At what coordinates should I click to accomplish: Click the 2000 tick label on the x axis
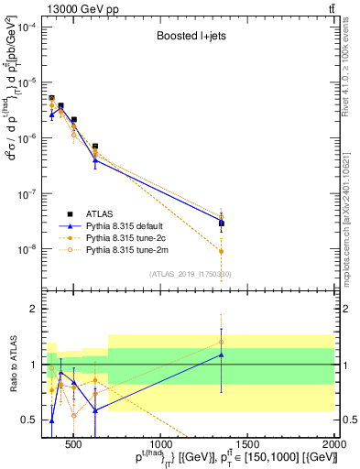(x=334, y=444)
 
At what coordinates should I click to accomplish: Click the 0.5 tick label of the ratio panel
(x=29, y=420)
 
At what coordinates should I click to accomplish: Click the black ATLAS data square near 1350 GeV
(x=222, y=223)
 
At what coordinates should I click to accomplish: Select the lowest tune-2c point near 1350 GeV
(x=222, y=251)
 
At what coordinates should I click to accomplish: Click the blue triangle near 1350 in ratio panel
(x=222, y=354)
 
